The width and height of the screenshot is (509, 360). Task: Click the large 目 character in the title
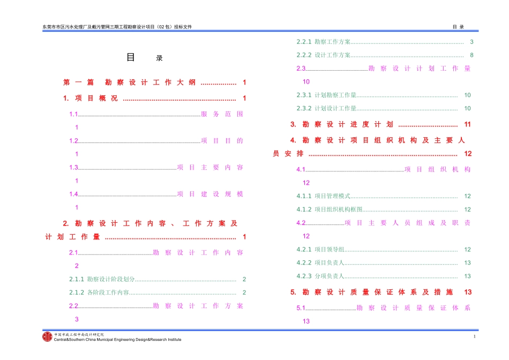point(131,57)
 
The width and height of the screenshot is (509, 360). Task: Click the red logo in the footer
point(48,336)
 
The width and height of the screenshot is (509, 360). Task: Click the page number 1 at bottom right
point(474,336)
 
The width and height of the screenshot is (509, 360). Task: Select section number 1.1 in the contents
point(73,114)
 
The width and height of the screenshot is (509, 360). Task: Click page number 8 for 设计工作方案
point(471,55)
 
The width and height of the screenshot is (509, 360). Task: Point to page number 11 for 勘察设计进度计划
point(467,125)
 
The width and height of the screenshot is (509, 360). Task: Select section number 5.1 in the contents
point(301,308)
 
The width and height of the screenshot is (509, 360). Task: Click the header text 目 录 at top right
point(458,27)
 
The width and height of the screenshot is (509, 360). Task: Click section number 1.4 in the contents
point(73,194)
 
